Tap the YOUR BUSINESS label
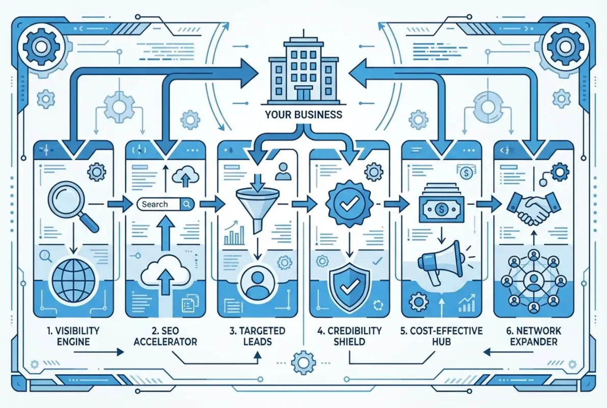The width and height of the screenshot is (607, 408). [x=303, y=115]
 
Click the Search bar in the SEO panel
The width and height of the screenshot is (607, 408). [x=165, y=205]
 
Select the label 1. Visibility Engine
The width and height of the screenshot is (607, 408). [x=73, y=336]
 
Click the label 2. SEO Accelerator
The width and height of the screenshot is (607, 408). [x=165, y=336]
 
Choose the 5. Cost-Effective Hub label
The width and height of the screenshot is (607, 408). [x=441, y=336]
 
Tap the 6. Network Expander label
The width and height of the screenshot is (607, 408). [x=533, y=336]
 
